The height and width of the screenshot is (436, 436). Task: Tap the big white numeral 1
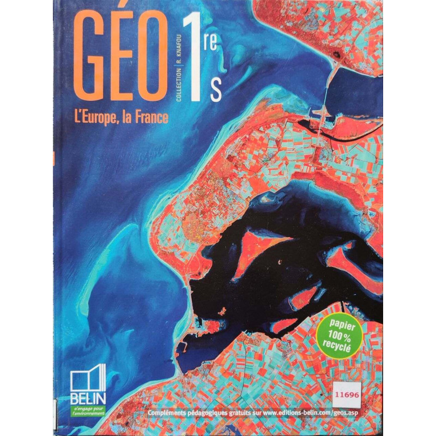pos(194,60)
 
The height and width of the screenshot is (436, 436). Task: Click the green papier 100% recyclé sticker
pos(339,332)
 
